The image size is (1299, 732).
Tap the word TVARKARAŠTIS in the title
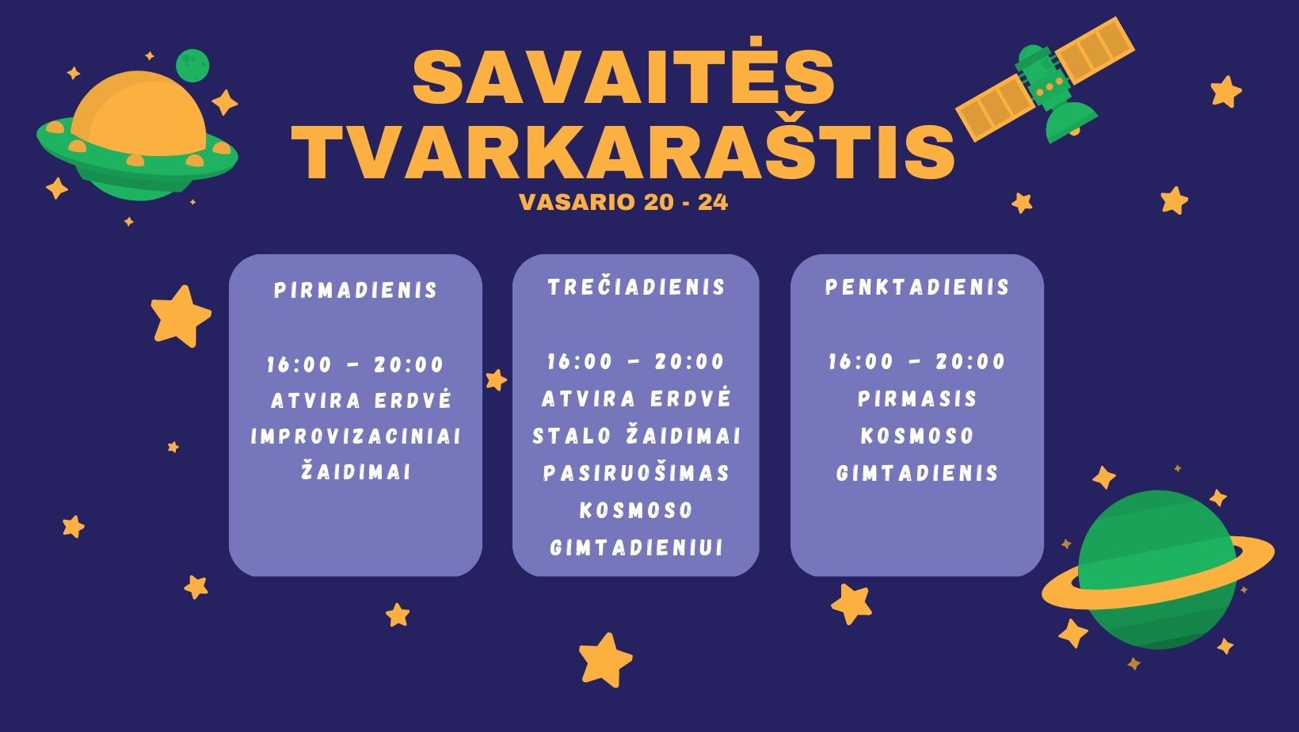[623, 150]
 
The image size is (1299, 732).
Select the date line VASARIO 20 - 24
[623, 203]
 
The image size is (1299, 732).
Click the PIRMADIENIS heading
[356, 290]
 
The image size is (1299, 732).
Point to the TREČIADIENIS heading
[636, 286]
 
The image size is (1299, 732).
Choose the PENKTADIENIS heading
[917, 287]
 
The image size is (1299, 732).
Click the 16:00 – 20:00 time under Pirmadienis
[355, 365]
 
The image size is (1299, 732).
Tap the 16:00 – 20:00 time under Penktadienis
[916, 362]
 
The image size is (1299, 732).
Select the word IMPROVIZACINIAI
[356, 437]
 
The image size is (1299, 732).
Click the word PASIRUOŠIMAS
[636, 473]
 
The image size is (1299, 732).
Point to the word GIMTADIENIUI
[636, 547]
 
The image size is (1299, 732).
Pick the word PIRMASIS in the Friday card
[917, 399]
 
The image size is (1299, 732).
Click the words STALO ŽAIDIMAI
[636, 436]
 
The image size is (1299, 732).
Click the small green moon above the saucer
[192, 65]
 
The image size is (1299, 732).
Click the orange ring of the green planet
[1158, 574]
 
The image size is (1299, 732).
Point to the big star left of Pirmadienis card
[181, 316]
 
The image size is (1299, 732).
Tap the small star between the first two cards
[496, 380]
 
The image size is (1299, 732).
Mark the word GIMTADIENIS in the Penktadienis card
[917, 473]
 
